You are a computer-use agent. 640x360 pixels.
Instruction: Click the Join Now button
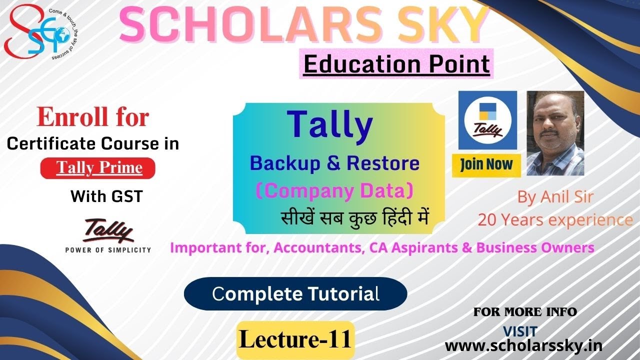(486, 165)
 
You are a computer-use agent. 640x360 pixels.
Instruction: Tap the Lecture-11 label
(295, 340)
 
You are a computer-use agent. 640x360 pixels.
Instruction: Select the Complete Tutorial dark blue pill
(295, 294)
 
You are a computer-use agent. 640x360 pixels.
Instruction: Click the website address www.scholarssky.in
(523, 345)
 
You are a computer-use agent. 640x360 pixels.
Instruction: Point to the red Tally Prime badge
(98, 168)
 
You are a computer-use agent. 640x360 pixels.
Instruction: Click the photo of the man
(555, 133)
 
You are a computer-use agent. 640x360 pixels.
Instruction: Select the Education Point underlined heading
(396, 64)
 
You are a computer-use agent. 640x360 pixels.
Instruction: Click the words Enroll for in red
(93, 118)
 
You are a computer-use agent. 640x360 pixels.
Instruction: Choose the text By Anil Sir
(555, 197)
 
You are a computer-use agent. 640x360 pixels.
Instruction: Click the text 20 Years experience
(555, 219)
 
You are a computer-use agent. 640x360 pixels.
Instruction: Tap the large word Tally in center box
(329, 125)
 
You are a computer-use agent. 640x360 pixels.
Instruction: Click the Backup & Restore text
(334, 163)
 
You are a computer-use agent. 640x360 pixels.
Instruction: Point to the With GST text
(106, 196)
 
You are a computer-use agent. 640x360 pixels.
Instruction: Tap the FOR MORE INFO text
(525, 312)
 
